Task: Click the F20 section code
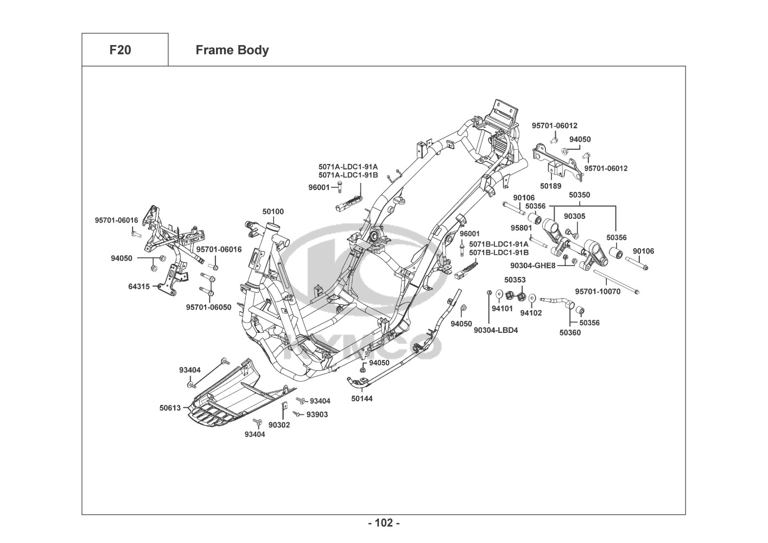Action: (x=120, y=50)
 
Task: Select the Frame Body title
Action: (x=232, y=50)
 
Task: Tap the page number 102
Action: (x=384, y=523)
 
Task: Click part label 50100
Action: (x=273, y=212)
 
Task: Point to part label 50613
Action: (x=170, y=407)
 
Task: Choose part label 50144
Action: (x=362, y=399)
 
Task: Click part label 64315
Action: (x=139, y=286)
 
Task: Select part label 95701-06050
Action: (x=208, y=307)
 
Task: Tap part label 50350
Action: (x=579, y=195)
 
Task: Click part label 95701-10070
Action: (x=598, y=292)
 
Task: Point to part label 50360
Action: (x=570, y=333)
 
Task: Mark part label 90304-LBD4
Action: (x=496, y=330)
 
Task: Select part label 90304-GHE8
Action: (x=533, y=266)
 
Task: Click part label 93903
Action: (x=317, y=414)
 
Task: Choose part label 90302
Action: (x=279, y=425)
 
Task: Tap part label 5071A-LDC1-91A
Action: (x=348, y=167)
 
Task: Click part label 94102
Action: (x=531, y=313)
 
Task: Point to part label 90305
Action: (x=574, y=216)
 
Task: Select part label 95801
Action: (x=521, y=228)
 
